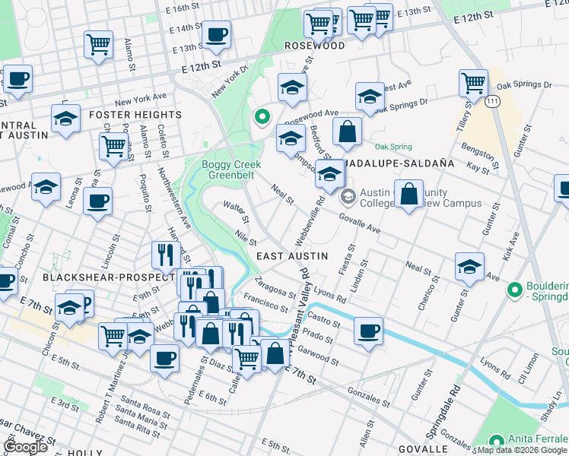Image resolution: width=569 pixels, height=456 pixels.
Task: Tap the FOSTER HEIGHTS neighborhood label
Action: point(135,115)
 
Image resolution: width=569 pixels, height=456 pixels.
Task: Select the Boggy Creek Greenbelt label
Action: point(230,169)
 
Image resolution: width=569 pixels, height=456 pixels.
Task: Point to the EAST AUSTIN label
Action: point(292,256)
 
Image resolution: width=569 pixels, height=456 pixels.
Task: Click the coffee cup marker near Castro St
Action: point(368,331)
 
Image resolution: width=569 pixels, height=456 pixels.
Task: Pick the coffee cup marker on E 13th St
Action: point(217,34)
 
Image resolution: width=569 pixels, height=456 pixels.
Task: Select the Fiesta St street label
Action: point(352,258)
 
